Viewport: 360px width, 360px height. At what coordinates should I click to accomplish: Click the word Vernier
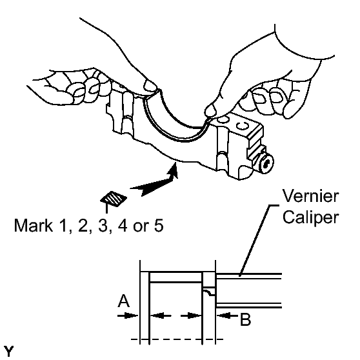[310, 196]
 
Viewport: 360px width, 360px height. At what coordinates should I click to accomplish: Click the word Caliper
[310, 217]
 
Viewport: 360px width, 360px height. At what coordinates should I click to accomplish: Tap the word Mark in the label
[34, 225]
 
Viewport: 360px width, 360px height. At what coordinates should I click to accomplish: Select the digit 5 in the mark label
[159, 225]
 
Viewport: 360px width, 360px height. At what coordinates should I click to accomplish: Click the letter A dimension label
[124, 301]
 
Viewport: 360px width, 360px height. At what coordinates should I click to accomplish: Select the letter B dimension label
[245, 319]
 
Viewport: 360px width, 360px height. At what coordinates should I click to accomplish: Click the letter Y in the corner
[9, 351]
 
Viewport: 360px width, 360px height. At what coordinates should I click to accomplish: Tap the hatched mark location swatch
[114, 199]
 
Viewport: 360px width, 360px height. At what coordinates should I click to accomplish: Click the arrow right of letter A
[128, 315]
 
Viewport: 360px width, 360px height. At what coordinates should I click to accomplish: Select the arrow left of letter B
[227, 315]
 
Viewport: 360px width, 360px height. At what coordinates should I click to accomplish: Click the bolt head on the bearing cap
[266, 164]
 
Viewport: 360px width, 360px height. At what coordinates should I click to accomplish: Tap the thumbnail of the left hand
[150, 86]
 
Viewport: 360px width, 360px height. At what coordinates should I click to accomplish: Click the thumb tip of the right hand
[210, 110]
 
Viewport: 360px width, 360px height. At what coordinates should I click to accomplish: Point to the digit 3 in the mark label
[103, 225]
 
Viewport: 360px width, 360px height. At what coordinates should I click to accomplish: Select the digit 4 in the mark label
[123, 225]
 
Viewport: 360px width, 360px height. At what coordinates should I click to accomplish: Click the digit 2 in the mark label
[83, 225]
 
